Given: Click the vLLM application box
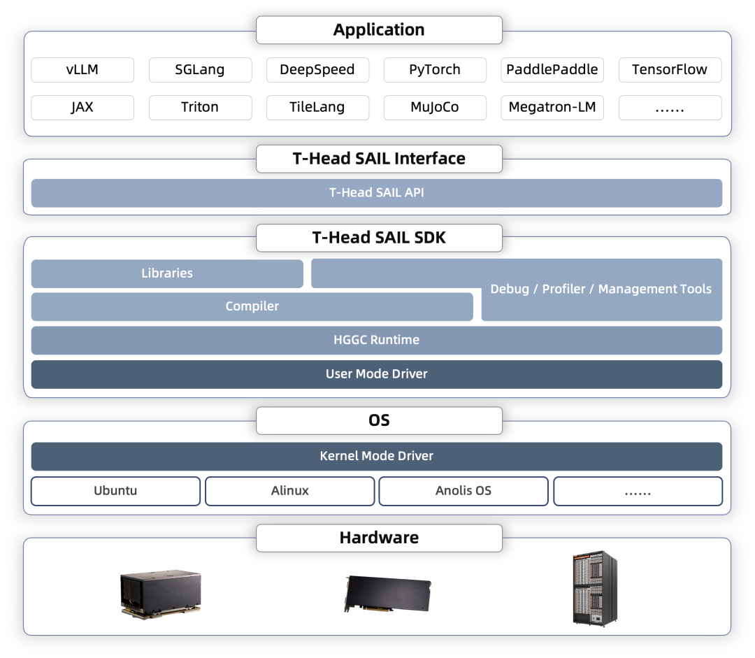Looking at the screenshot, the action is click(82, 70).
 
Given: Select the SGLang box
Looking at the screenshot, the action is click(200, 70).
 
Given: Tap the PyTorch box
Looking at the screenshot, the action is click(435, 70).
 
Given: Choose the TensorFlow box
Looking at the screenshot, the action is click(670, 70).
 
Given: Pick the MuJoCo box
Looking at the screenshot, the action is click(435, 108).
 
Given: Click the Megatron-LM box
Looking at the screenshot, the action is click(552, 108).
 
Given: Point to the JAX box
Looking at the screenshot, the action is click(82, 108).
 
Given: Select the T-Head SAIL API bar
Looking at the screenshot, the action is click(377, 193).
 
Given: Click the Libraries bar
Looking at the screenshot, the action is click(167, 273).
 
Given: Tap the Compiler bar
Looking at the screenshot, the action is click(252, 307).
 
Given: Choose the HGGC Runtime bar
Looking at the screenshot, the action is click(377, 341).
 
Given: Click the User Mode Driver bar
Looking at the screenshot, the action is click(377, 374).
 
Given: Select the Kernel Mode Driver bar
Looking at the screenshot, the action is click(377, 456).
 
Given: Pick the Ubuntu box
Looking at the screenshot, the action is click(115, 492).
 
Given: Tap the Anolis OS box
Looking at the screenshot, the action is click(463, 492).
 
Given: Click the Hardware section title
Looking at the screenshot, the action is click(379, 538).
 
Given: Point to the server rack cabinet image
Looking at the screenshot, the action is click(595, 588).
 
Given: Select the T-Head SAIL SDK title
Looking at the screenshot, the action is click(379, 238).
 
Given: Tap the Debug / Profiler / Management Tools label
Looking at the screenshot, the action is click(601, 289).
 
